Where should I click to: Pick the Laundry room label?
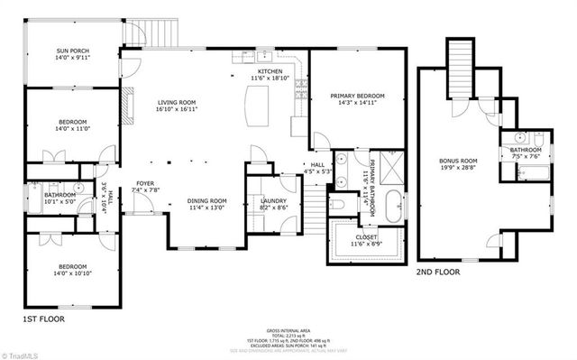click(273, 203)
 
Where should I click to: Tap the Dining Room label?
click(206, 203)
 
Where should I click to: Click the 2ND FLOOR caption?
click(438, 272)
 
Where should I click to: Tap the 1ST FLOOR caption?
click(41, 318)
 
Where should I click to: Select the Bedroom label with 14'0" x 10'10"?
click(74, 270)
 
